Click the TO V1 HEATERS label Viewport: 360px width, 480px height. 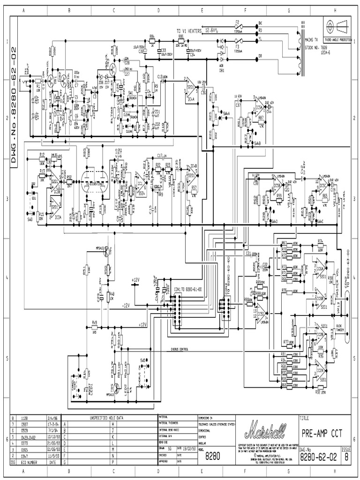pyautogui.click(x=189, y=30)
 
